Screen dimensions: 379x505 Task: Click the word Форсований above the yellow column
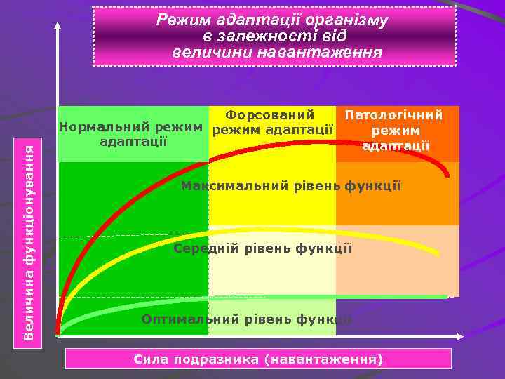270,114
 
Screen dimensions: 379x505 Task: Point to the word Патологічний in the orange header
393,115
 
